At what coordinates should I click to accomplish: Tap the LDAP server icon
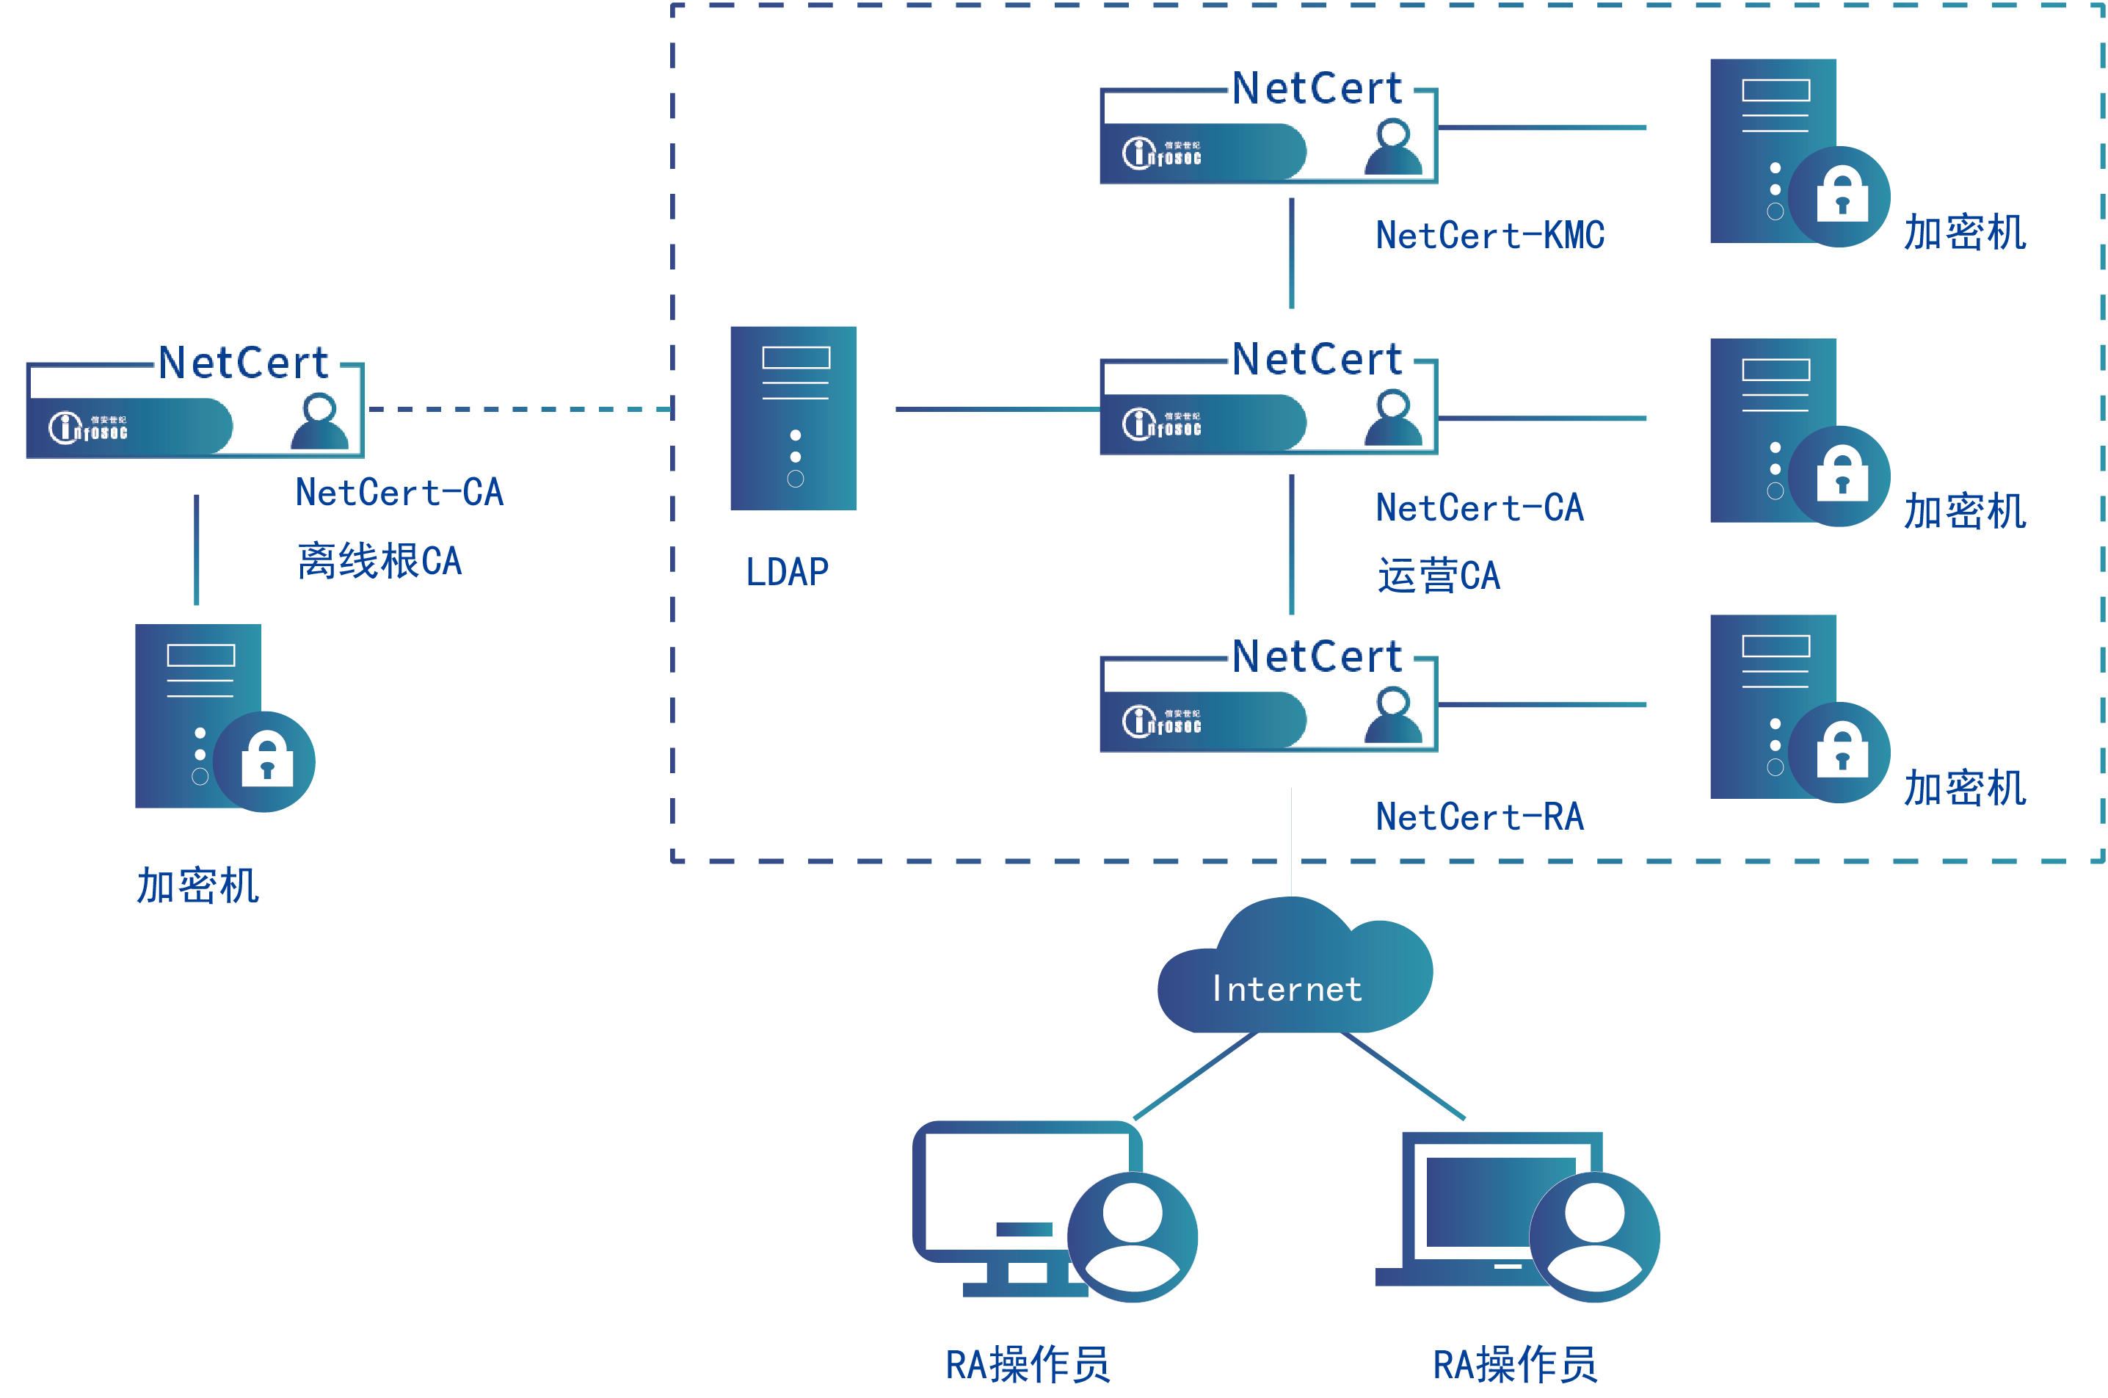pyautogui.click(x=793, y=419)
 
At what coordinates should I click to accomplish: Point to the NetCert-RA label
pyautogui.click(x=1479, y=816)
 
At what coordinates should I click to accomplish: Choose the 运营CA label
pyautogui.click(x=1438, y=576)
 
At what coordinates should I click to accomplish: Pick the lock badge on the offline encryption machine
pyautogui.click(x=265, y=761)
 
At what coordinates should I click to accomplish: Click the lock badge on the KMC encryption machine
pyautogui.click(x=1839, y=196)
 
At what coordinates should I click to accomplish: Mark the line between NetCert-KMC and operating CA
pyautogui.click(x=1292, y=254)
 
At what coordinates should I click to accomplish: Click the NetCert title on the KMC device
pyautogui.click(x=1317, y=88)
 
